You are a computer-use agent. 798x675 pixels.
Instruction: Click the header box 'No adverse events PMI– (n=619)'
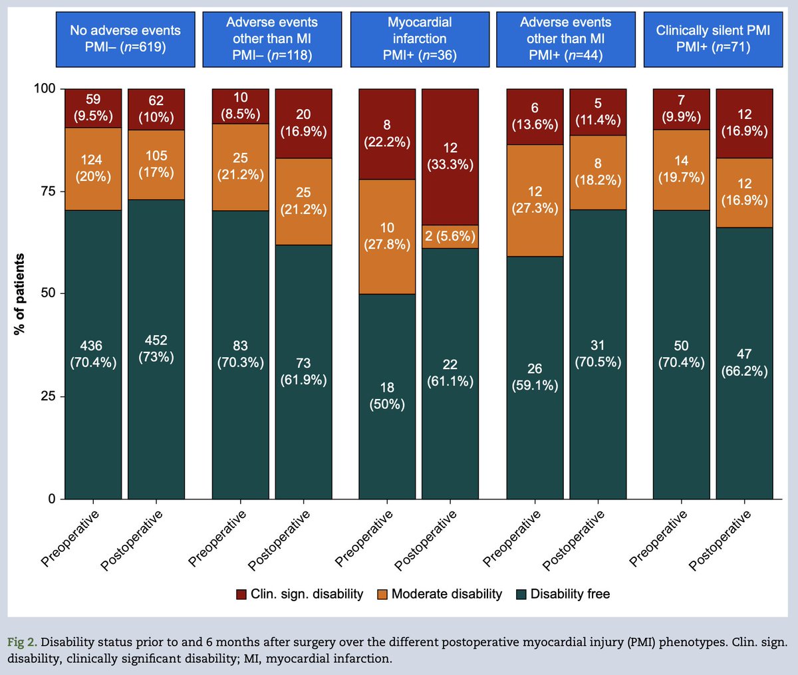point(124,39)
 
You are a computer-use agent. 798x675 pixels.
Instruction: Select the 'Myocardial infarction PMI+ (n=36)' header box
point(419,39)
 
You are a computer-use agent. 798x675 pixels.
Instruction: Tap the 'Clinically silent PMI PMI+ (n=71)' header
point(713,39)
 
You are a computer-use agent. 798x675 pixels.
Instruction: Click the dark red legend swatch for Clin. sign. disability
point(241,595)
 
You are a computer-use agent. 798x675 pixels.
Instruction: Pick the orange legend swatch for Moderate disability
point(382,595)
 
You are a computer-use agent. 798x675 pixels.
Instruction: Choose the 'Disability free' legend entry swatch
point(521,595)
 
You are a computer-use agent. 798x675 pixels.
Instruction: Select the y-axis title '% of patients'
point(20,294)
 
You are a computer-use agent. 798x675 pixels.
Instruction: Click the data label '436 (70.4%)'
point(93,354)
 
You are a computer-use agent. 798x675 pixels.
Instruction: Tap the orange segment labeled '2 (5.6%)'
point(450,236)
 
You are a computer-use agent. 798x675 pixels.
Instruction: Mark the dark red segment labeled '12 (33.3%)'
point(450,156)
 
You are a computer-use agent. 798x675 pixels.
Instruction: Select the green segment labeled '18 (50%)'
point(387,396)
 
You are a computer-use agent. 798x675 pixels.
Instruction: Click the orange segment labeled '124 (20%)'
point(93,169)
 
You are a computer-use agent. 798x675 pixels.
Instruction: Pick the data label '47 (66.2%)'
point(744,362)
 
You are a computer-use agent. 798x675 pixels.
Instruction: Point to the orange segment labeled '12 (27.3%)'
point(535,200)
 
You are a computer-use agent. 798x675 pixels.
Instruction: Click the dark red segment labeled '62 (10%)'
point(156,109)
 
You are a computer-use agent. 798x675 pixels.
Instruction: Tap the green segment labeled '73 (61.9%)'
point(303,372)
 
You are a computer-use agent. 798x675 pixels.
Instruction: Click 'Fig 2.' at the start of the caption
point(22,642)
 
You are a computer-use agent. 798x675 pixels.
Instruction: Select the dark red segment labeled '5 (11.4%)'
point(598,112)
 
